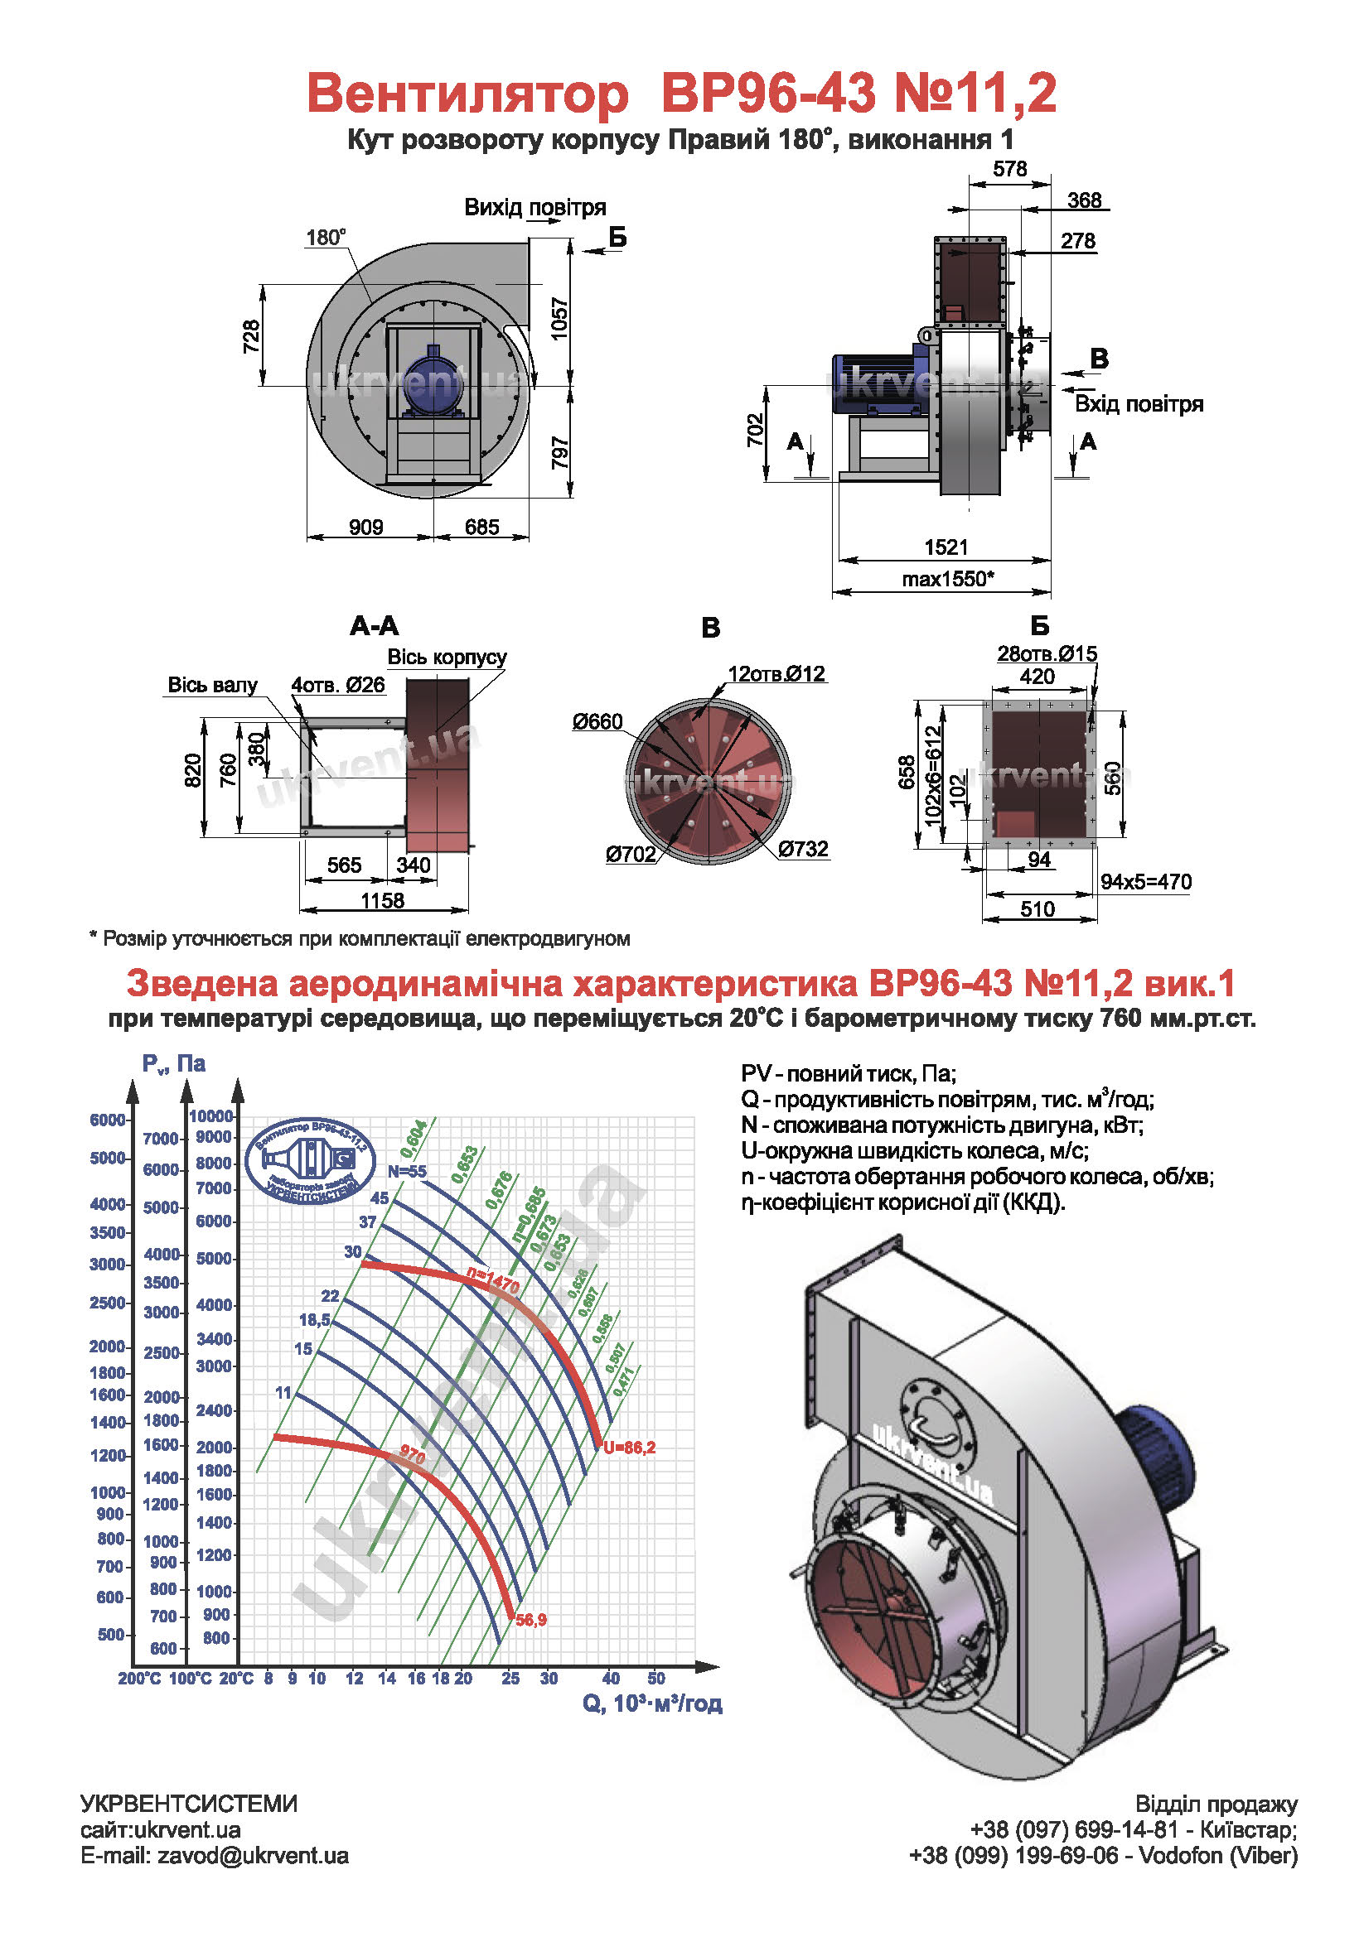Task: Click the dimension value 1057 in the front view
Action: pos(559,319)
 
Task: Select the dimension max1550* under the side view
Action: pos(947,580)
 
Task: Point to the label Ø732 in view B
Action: pos(803,849)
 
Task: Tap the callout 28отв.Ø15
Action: pos(1047,654)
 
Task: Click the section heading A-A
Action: pos(374,626)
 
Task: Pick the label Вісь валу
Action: pos(212,685)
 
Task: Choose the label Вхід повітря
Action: pos(1138,404)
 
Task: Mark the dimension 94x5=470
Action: pos(1145,883)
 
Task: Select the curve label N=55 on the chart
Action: pos(407,1172)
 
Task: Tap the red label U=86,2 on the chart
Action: pos(629,1448)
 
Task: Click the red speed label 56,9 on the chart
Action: pos(531,1620)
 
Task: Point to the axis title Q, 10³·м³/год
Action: pos(651,1703)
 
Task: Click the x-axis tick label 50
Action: pos(655,1679)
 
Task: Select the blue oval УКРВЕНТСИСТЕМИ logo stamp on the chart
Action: pos(311,1159)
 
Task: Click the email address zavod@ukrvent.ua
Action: pos(253,1856)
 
